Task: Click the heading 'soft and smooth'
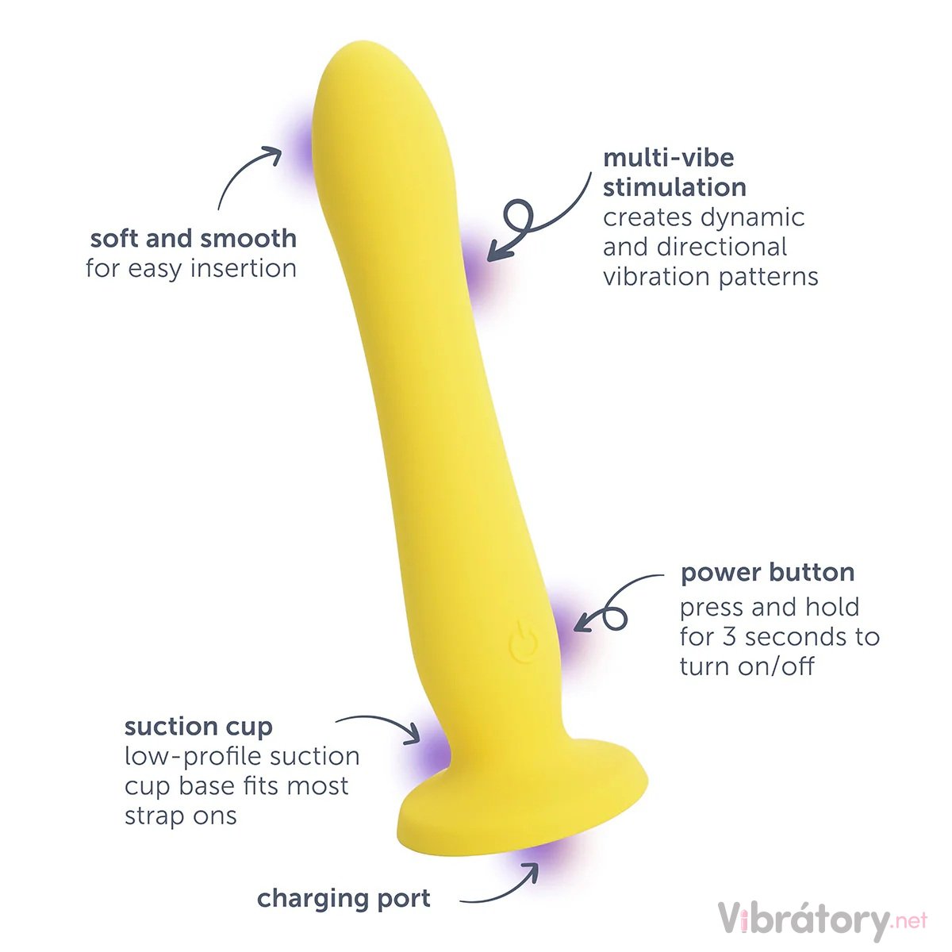pos(194,238)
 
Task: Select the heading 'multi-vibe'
pos(668,157)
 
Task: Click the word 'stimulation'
pos(674,187)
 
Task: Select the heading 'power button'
pos(767,572)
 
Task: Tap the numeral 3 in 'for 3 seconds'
pos(730,636)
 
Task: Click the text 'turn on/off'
pos(747,666)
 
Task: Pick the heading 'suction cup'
pos(198,726)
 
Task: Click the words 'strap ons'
pos(180,816)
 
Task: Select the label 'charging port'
pos(344,898)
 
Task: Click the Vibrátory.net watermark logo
pos(822,920)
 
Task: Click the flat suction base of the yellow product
pos(524,809)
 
